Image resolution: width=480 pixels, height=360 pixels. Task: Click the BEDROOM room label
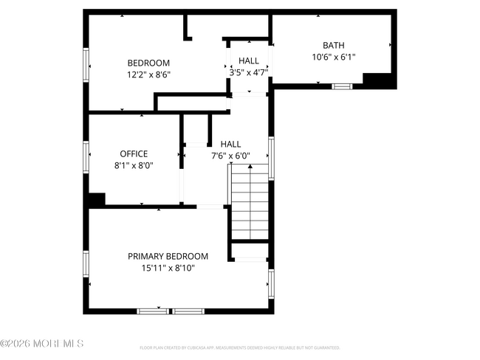(x=148, y=63)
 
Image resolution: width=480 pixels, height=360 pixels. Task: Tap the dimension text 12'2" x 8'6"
(x=148, y=74)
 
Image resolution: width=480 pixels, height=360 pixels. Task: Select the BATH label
(x=333, y=45)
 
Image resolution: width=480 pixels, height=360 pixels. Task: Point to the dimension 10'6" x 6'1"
(x=333, y=56)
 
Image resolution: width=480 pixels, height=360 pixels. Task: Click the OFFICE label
(x=134, y=153)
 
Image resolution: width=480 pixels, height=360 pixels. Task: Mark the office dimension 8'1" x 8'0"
(x=134, y=165)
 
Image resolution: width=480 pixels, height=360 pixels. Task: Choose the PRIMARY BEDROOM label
(x=168, y=257)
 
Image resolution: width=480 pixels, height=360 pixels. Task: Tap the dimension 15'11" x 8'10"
(x=168, y=269)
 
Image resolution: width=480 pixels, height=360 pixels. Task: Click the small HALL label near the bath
(x=248, y=60)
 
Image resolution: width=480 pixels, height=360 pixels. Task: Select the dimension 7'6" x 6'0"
(x=231, y=156)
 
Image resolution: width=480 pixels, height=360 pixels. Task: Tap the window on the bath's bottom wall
(x=341, y=86)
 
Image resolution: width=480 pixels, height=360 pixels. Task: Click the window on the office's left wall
(x=87, y=156)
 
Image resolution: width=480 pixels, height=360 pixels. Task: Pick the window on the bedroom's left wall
(x=87, y=64)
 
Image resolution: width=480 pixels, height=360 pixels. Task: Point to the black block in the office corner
(x=95, y=199)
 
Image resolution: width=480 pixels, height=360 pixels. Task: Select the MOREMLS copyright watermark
(x=42, y=344)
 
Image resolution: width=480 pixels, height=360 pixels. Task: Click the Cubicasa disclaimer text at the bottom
(x=240, y=347)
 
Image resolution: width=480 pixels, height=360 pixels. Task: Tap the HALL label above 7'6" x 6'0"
(x=231, y=145)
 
